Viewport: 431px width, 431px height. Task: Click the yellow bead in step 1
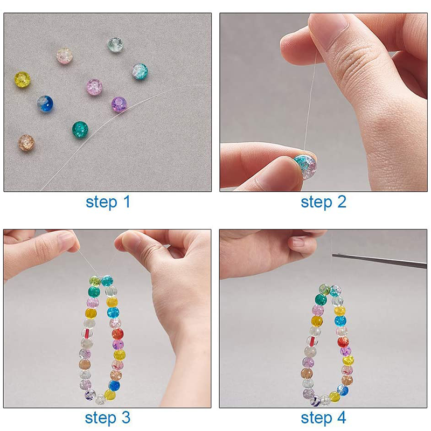(x=22, y=79)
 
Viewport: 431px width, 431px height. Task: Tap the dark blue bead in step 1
(x=45, y=104)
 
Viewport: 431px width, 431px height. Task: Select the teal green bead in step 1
(x=80, y=129)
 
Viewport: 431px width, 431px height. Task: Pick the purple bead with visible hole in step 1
(x=119, y=105)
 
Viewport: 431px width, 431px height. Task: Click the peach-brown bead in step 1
(x=26, y=143)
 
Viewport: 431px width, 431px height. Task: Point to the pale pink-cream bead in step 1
(x=64, y=56)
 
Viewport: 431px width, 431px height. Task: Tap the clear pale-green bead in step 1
(x=115, y=45)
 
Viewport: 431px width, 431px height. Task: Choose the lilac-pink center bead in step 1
(x=95, y=87)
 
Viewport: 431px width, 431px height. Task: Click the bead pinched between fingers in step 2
(x=305, y=166)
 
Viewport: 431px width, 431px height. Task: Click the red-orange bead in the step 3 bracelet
(x=117, y=334)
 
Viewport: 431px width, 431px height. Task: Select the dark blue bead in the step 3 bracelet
(x=114, y=386)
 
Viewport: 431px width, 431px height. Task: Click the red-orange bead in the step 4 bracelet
(x=343, y=342)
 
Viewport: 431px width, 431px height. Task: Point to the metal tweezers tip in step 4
(x=333, y=255)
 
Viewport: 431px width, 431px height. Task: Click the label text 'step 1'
(x=108, y=202)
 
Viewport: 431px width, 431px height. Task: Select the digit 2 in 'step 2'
(x=342, y=202)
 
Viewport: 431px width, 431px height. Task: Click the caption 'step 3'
(x=107, y=418)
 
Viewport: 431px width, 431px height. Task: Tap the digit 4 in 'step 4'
(x=341, y=418)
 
